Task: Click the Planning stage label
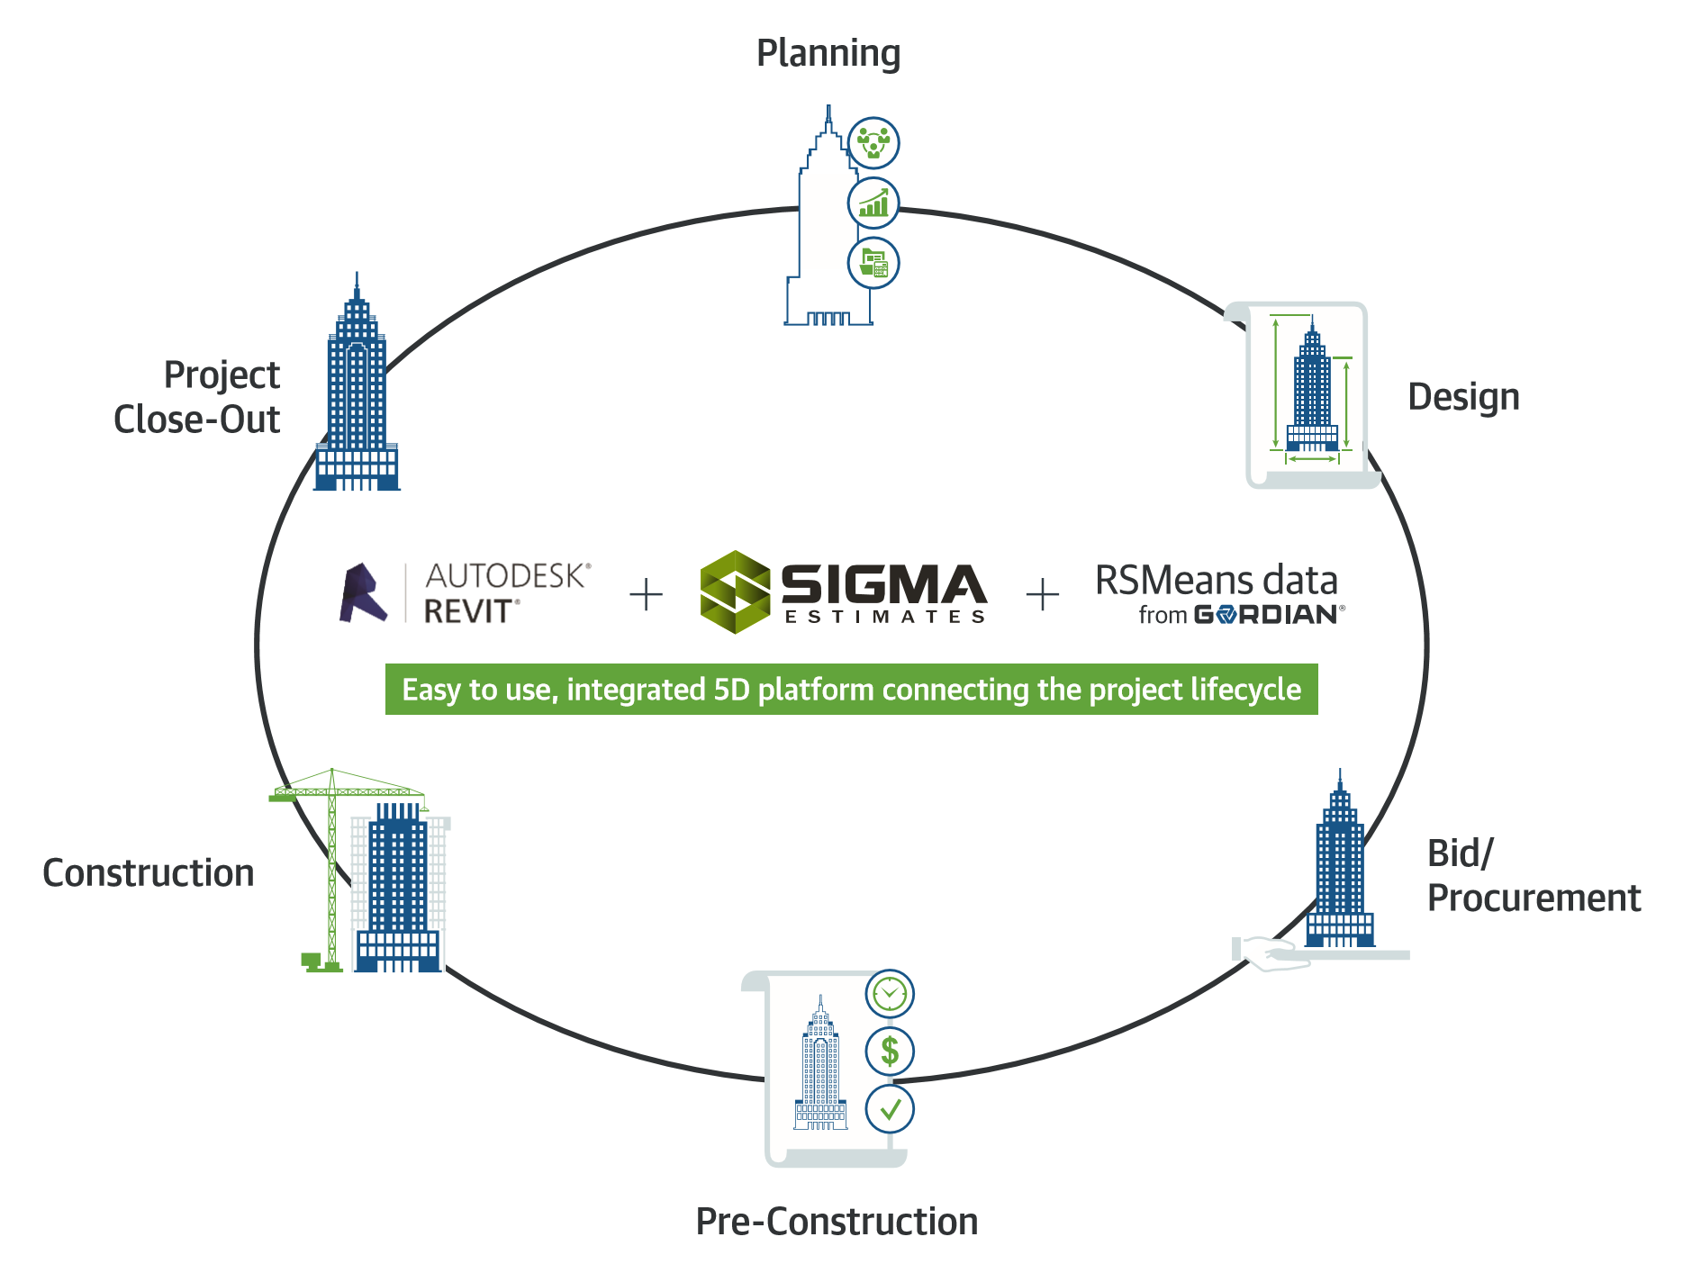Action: click(828, 54)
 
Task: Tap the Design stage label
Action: click(1463, 397)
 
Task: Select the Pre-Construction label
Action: click(837, 1222)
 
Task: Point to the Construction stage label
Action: click(149, 873)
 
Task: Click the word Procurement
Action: click(1534, 898)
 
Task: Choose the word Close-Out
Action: click(196, 420)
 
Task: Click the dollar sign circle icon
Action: click(890, 1051)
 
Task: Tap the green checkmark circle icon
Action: click(890, 1109)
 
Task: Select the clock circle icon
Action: click(890, 994)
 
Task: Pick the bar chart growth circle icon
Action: click(873, 203)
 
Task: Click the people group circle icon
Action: click(873, 143)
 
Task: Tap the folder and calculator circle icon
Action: click(873, 263)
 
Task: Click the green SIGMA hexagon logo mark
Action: click(735, 591)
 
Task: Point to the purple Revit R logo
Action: click(363, 593)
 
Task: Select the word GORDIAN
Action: click(1266, 616)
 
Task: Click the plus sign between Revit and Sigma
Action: click(646, 595)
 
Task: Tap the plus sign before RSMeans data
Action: click(1042, 595)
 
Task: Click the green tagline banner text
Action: click(851, 690)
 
